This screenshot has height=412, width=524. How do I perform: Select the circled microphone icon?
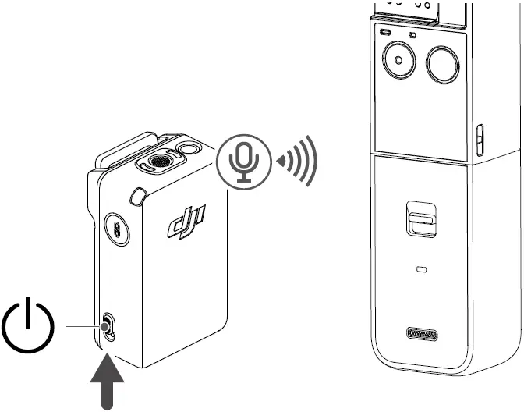click(245, 158)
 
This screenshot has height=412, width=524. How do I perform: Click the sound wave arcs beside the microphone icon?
click(303, 161)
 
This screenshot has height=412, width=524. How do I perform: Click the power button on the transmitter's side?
click(108, 325)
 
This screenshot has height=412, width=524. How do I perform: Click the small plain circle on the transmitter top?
click(188, 149)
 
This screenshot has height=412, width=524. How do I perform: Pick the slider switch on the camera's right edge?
click(480, 140)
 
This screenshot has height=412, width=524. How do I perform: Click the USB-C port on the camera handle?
click(422, 335)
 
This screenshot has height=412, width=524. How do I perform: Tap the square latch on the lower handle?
click(421, 218)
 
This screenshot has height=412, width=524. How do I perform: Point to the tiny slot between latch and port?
click(422, 269)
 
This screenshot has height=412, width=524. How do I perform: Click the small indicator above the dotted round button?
click(385, 32)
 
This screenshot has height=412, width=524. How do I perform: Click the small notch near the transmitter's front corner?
click(139, 194)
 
